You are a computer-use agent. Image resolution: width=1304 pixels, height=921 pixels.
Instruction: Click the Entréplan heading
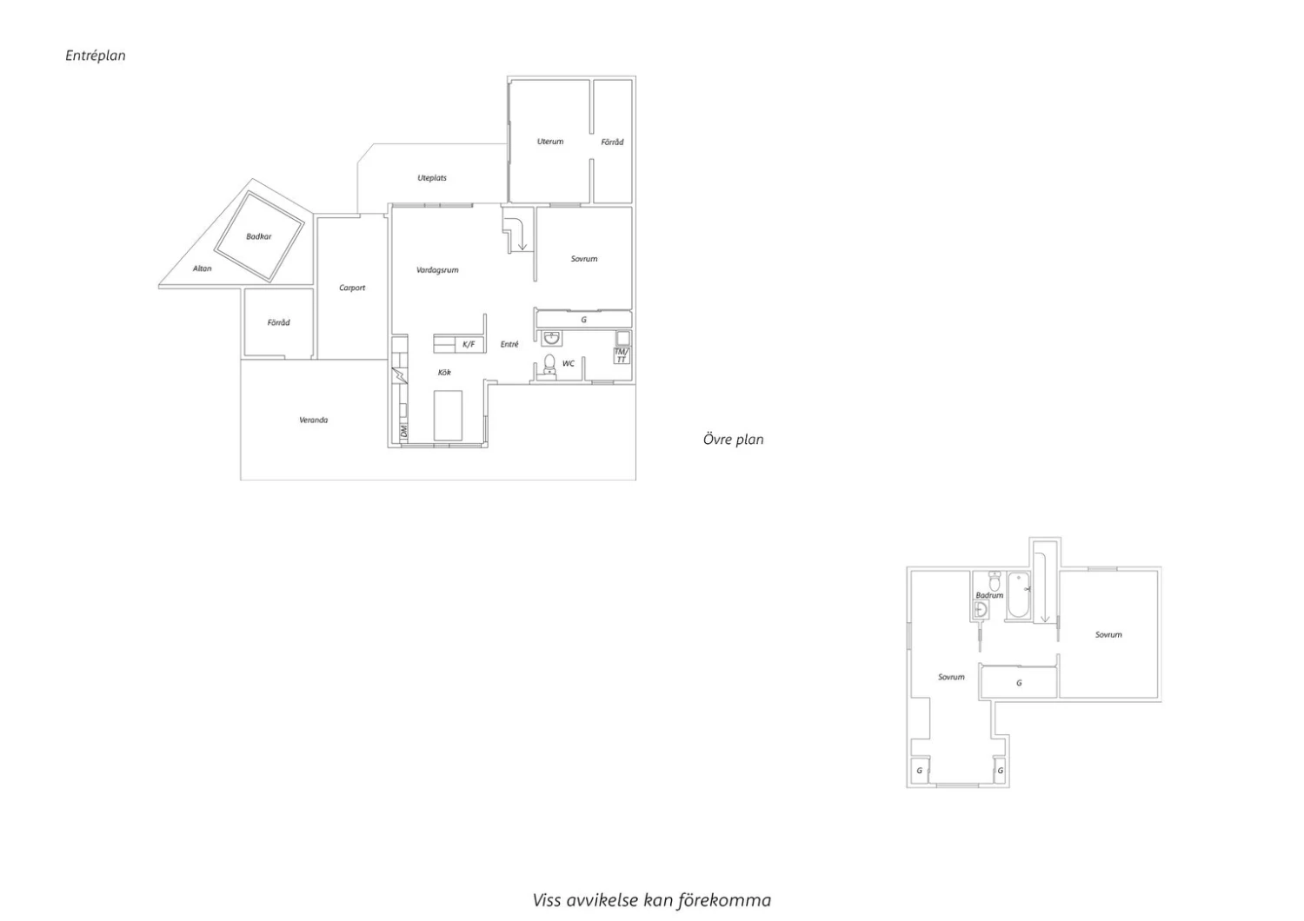(x=96, y=56)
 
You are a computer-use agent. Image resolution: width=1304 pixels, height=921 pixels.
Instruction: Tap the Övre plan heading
(x=733, y=440)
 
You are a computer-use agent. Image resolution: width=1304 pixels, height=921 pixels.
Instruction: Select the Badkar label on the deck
(x=258, y=237)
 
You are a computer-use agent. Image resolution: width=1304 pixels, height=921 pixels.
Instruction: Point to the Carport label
(x=352, y=288)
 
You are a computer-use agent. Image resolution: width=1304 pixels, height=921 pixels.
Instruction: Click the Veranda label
(x=313, y=420)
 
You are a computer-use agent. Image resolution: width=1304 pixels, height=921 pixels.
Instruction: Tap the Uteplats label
(x=432, y=178)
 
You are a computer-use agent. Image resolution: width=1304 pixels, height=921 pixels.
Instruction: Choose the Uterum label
(x=550, y=142)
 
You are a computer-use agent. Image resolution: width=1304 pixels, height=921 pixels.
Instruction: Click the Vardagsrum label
(x=437, y=270)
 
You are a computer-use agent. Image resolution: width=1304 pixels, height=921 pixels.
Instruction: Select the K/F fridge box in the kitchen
(x=469, y=344)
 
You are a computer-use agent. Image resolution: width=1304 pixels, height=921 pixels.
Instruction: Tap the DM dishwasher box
(x=403, y=431)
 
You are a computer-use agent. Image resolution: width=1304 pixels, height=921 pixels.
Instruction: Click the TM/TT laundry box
(x=622, y=355)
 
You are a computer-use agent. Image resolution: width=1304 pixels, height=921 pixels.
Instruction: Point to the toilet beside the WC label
(x=549, y=365)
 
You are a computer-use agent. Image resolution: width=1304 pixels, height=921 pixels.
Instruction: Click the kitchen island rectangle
(x=448, y=415)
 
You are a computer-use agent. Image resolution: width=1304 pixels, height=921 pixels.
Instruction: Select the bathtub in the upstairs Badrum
(x=1018, y=594)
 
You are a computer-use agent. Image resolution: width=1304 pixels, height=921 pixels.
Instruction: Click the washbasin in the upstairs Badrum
(x=981, y=610)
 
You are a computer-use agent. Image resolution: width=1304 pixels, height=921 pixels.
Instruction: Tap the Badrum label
(x=989, y=595)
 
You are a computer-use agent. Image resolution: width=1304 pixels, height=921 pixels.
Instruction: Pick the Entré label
(x=509, y=344)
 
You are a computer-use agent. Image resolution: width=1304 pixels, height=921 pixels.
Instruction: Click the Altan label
(x=202, y=268)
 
